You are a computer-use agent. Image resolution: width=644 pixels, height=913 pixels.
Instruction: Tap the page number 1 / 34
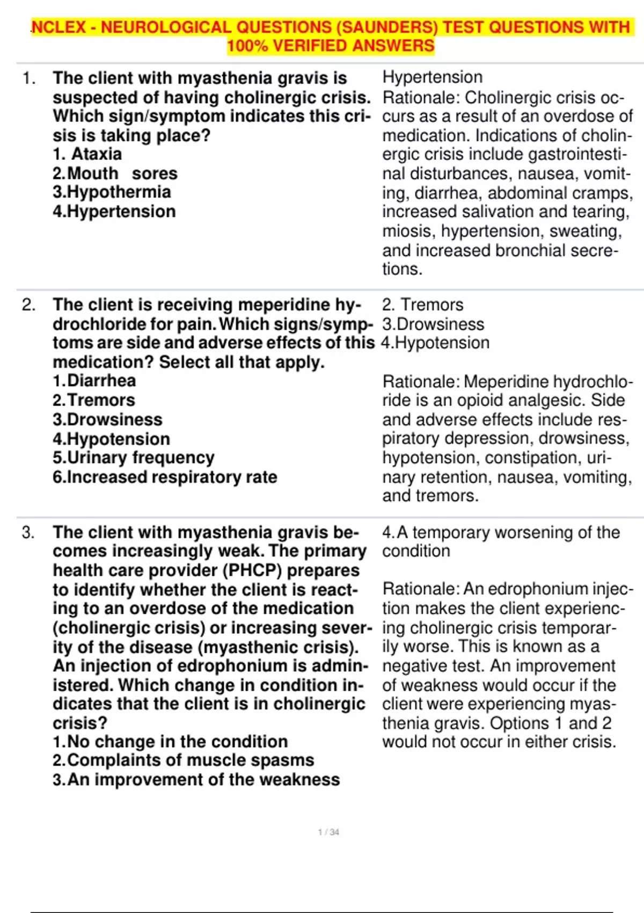pos(328,832)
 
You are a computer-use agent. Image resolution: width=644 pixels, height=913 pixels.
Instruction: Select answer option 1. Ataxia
pos(87,154)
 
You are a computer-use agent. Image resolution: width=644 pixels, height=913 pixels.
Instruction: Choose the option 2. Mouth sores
pos(115,173)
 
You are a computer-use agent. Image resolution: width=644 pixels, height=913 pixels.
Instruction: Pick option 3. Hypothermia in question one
pos(112,192)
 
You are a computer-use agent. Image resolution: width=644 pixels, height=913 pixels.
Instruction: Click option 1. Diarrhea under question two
pos(94,381)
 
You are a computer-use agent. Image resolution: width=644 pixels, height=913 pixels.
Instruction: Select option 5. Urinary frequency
pos(133,458)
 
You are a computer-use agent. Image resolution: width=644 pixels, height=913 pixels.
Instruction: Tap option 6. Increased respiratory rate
pos(165,477)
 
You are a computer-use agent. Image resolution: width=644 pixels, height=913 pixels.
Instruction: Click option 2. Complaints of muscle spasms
pos(183,760)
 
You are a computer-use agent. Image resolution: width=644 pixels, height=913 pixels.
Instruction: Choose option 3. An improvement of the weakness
pos(196,780)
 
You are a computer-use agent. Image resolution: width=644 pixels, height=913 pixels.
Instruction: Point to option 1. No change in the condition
pos(170,742)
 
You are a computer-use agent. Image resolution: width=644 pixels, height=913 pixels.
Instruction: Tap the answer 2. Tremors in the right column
pos(422,305)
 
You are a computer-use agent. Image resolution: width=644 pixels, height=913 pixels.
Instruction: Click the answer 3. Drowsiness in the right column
pos(433,324)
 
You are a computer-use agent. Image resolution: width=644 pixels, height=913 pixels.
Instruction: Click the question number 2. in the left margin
pos(28,305)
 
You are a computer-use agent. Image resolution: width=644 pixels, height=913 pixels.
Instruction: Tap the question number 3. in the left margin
pos(28,533)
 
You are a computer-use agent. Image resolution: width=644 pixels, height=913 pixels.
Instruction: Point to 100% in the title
pos(247,46)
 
